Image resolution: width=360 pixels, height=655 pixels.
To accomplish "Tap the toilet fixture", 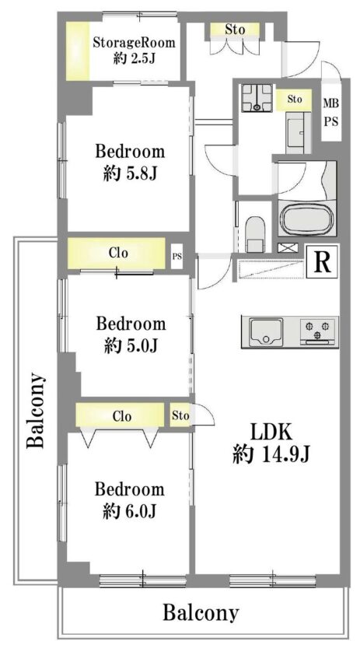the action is tap(254, 233).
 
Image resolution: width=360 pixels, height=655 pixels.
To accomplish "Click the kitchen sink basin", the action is tap(266, 331).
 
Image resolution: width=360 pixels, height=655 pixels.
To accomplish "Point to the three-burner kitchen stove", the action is tap(319, 331).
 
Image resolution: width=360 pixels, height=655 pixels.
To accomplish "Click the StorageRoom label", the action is tap(134, 43).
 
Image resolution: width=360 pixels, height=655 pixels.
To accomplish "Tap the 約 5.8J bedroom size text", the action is tap(130, 173).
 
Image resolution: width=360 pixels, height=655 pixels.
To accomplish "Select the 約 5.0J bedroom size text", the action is tap(131, 345).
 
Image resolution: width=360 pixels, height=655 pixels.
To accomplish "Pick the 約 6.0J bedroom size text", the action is tap(130, 510).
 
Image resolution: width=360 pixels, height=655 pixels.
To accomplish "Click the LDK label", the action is tap(271, 433).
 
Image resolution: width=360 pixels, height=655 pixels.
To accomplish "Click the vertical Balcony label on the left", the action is tap(36, 410).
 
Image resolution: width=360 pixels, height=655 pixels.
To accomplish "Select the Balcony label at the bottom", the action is tap(201, 613).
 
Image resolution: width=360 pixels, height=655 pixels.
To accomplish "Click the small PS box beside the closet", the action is tap(177, 256).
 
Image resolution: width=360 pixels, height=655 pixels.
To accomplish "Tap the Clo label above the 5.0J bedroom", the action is tap(118, 253).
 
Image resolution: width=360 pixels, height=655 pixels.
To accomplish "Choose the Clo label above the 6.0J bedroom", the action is tap(122, 416).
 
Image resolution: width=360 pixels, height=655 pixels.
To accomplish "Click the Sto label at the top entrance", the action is tap(235, 30).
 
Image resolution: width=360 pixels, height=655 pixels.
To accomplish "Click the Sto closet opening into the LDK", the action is tap(181, 415).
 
